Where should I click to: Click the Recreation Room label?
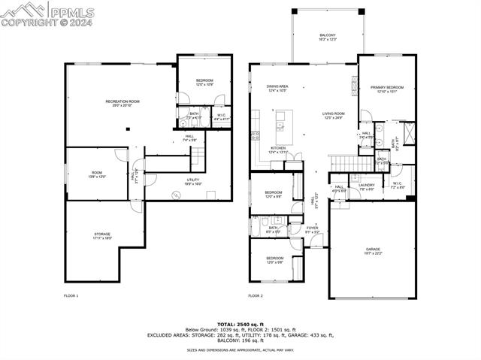pyautogui.click(x=123, y=103)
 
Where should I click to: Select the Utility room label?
pyautogui.click(x=193, y=181)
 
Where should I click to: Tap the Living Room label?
pyautogui.click(x=333, y=115)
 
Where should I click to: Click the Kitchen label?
pyautogui.click(x=278, y=150)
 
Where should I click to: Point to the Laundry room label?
pyautogui.click(x=367, y=186)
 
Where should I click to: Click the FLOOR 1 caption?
pyautogui.click(x=71, y=296)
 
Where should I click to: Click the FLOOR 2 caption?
pyautogui.click(x=257, y=296)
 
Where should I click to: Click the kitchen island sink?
pyautogui.click(x=280, y=126)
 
